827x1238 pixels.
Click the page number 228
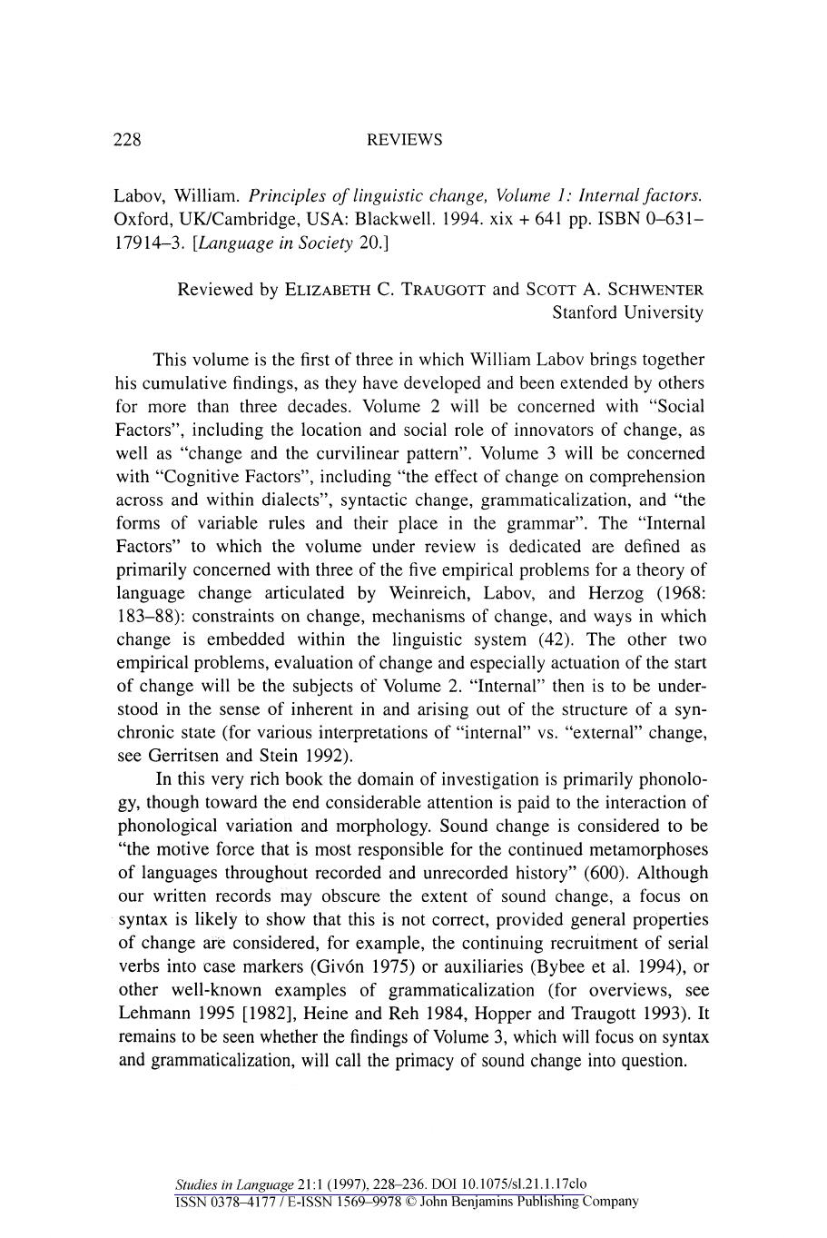(x=127, y=140)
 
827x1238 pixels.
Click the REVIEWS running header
(x=404, y=140)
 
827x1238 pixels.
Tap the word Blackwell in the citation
(x=390, y=220)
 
